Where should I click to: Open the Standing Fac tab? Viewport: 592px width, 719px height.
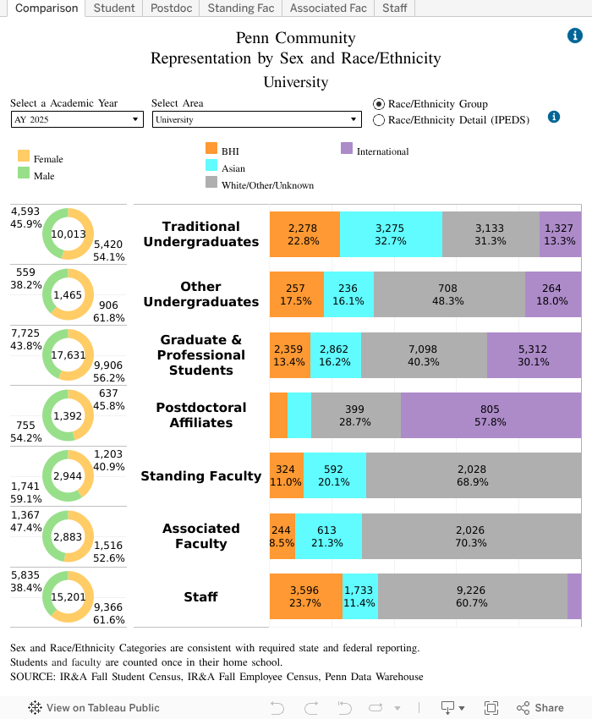click(x=239, y=8)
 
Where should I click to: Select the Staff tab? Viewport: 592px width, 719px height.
click(x=394, y=8)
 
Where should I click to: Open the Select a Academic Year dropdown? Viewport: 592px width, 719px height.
click(x=77, y=120)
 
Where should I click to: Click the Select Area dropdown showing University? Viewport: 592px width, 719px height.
click(x=256, y=120)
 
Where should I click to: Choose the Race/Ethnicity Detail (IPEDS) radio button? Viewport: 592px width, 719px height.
click(x=379, y=120)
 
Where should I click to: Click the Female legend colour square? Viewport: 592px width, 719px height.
click(x=24, y=156)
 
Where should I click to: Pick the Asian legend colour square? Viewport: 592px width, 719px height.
click(x=211, y=166)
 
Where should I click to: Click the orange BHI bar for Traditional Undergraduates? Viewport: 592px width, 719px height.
click(x=304, y=234)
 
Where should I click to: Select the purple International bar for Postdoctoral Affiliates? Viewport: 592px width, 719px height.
click(x=491, y=415)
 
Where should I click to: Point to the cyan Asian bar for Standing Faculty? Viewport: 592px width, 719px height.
click(x=335, y=475)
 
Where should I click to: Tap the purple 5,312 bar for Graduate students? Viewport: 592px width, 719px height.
click(x=534, y=355)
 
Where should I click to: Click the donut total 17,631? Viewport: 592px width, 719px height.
click(x=69, y=355)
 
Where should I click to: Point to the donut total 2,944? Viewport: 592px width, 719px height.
click(x=69, y=476)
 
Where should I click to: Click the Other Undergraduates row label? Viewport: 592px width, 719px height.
click(x=201, y=294)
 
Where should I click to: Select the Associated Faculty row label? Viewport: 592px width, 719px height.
click(x=201, y=536)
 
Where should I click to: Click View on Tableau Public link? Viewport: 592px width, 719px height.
click(x=94, y=708)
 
